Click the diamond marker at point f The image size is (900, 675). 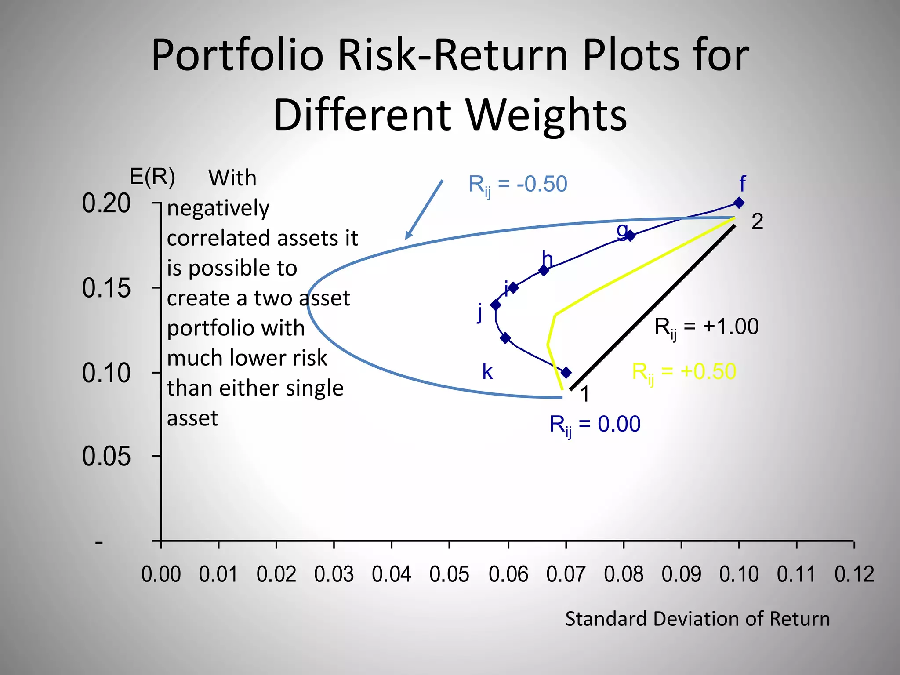pyautogui.click(x=739, y=203)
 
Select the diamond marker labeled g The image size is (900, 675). pyautogui.click(x=630, y=236)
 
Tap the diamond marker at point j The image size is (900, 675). pyautogui.click(x=496, y=305)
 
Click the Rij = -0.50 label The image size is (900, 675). pyautogui.click(x=518, y=185)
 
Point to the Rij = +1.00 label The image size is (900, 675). pyautogui.click(x=706, y=327)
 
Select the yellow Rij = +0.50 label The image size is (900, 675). pyautogui.click(x=684, y=372)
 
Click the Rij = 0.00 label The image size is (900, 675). pyautogui.click(x=595, y=425)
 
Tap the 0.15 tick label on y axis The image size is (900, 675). pyautogui.click(x=106, y=288)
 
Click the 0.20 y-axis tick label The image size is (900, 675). pyautogui.click(x=106, y=203)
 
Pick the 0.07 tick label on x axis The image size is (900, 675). pyautogui.click(x=566, y=574)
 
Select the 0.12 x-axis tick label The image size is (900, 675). pyautogui.click(x=854, y=574)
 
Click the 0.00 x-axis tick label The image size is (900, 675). pyautogui.click(x=161, y=574)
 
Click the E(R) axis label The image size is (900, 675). pyautogui.click(x=152, y=177)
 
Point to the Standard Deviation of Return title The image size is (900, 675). pyautogui.click(x=697, y=619)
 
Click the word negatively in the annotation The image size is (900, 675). pyautogui.click(x=218, y=208)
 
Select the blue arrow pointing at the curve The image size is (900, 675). pyautogui.click(x=424, y=209)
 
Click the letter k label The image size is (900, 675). pyautogui.click(x=487, y=372)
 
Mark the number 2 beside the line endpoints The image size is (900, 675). pyautogui.click(x=757, y=221)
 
